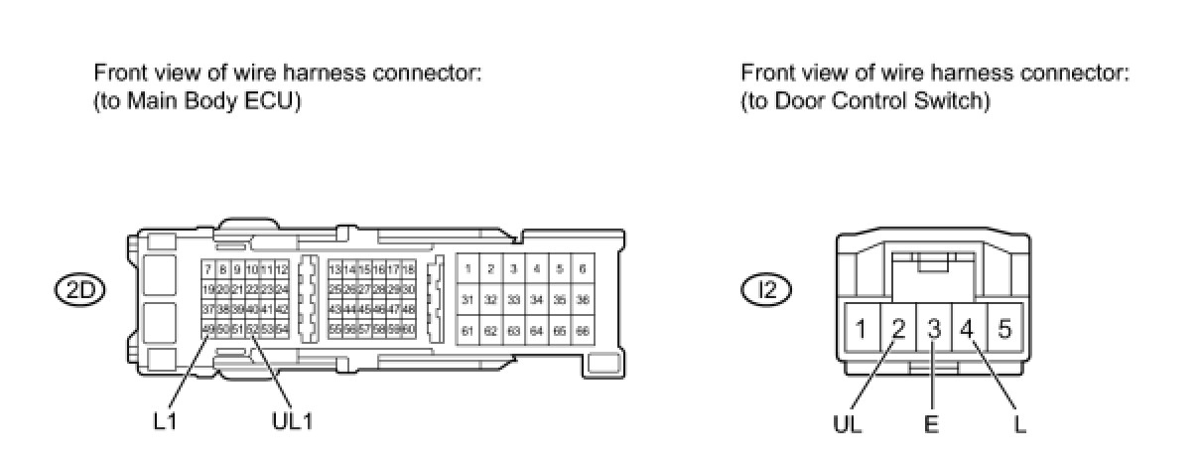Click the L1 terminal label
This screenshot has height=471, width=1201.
166,421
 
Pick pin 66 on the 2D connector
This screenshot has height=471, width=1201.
583,330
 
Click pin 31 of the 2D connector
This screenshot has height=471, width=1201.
467,299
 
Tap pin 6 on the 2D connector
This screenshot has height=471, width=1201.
583,269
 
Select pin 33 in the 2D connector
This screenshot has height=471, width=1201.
513,299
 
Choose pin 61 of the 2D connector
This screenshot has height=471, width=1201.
467,330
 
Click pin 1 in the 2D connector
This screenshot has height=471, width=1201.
467,269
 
